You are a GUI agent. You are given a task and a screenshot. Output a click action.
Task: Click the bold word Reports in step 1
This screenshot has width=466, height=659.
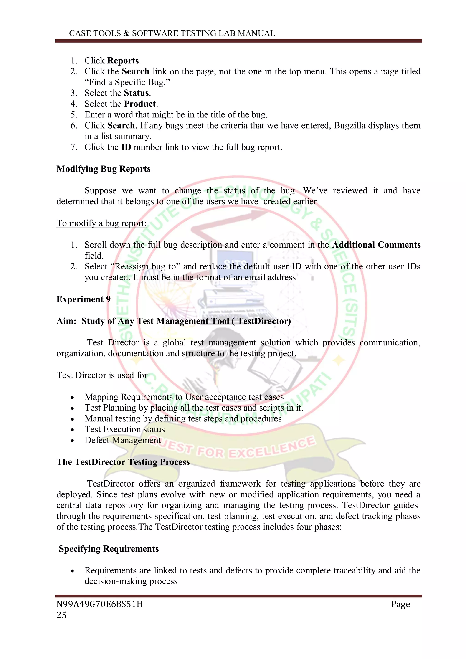123,61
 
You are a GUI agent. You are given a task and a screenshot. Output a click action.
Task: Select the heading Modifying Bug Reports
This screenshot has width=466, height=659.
103,169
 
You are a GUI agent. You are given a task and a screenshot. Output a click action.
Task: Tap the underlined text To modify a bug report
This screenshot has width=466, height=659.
101,223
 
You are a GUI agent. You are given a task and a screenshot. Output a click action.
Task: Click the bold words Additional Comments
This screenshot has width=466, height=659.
376,245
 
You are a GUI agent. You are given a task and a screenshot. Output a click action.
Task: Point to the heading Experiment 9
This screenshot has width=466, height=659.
84,299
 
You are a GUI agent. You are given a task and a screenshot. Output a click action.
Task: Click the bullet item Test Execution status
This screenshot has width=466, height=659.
124,429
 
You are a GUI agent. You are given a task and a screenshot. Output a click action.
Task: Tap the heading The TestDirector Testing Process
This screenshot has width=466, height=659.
123,462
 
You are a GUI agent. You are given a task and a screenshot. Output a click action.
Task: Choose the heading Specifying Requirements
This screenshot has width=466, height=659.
109,549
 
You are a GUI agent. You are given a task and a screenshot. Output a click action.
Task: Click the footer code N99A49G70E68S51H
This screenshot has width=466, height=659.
100,604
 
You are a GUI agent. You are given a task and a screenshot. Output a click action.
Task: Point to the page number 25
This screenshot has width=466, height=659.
61,615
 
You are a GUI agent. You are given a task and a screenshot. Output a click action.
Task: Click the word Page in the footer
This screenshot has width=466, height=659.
400,604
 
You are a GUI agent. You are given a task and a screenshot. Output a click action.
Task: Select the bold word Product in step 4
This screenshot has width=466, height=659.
140,104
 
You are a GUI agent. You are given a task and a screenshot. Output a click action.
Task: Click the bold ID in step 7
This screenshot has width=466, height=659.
126,147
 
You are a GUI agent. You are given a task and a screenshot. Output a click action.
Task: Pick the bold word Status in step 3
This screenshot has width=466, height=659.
136,93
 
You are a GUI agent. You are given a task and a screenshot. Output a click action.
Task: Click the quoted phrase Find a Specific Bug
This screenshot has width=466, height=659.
127,82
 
